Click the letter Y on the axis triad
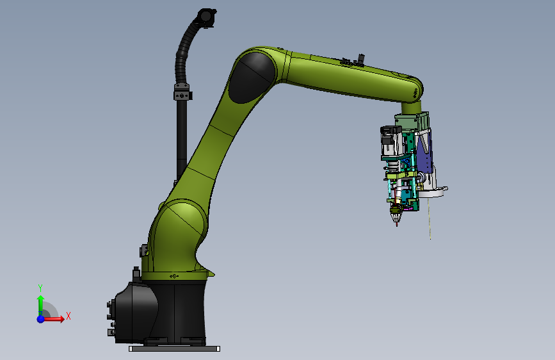(40, 288)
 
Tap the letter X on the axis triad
(68, 316)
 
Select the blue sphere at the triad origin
(41, 319)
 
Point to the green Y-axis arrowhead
(41, 299)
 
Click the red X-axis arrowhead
(61, 319)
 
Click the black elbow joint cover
(252, 78)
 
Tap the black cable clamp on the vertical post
(182, 92)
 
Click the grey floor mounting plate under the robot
(174, 348)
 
